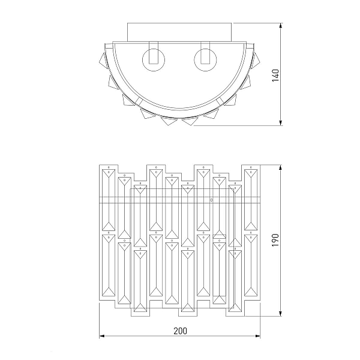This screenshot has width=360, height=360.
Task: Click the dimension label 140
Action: (275, 76)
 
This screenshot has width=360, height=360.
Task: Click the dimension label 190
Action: (275, 240)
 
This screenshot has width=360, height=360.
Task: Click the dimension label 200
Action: (180, 331)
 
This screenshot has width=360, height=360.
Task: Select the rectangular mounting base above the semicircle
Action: (179, 32)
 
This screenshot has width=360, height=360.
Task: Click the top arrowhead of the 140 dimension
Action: (280, 25)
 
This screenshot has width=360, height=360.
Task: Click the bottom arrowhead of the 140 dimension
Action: (280, 123)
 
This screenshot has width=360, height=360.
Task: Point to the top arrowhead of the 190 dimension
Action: (280, 167)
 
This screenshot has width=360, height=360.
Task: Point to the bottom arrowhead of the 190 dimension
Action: (280, 314)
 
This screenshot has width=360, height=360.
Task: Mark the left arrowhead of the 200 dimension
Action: (102, 336)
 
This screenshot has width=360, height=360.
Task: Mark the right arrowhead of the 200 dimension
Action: (257, 336)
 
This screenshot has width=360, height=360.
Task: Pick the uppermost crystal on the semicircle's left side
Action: (103, 60)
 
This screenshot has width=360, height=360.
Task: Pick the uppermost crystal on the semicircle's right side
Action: (256, 60)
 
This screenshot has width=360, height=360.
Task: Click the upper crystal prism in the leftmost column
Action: (109, 200)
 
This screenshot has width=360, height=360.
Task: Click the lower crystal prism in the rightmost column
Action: (251, 265)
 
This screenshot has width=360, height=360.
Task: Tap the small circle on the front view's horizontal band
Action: (211, 200)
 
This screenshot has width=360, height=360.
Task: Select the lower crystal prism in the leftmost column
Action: (109, 265)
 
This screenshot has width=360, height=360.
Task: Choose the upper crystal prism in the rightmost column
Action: (251, 200)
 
